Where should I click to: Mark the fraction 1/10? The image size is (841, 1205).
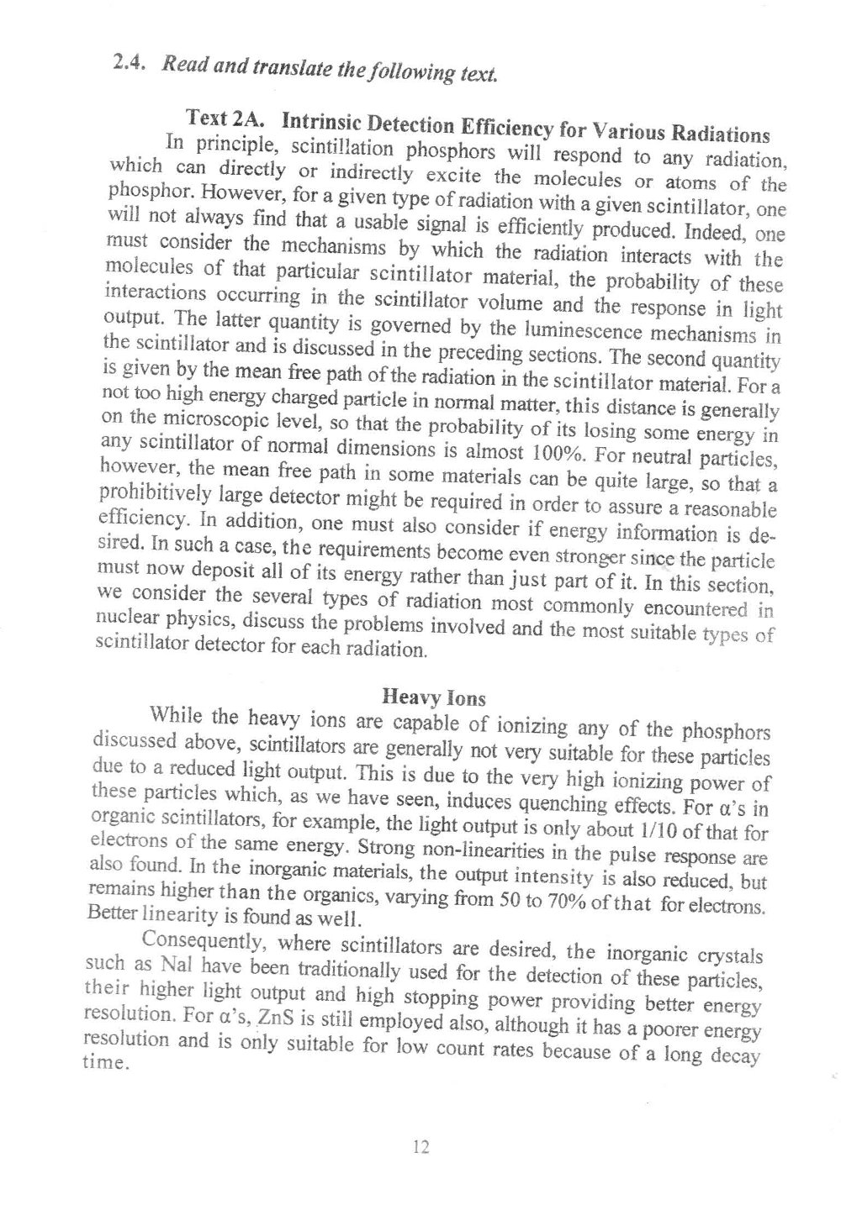pyautogui.click(x=669, y=829)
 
